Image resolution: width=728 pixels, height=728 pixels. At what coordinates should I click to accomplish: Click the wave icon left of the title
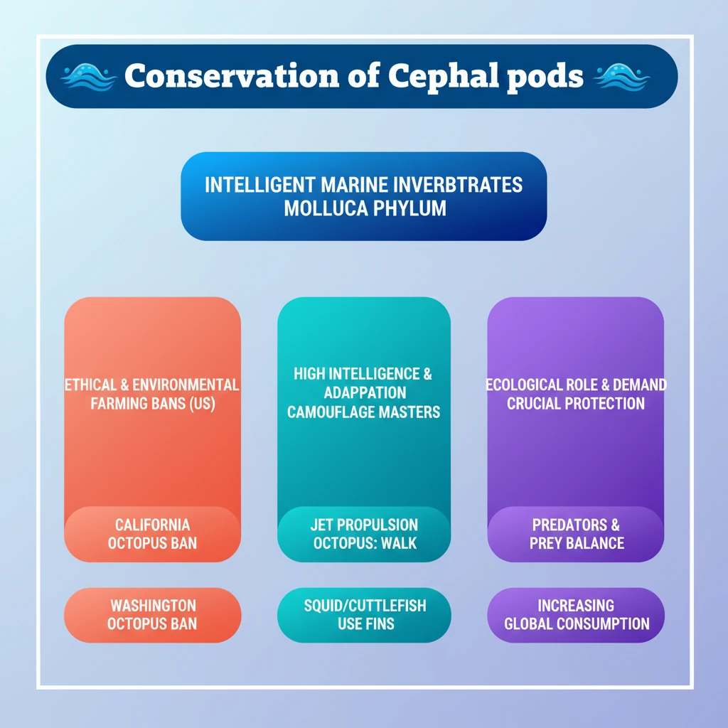[89, 76]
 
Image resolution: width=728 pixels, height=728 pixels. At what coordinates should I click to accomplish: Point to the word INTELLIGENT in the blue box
[259, 185]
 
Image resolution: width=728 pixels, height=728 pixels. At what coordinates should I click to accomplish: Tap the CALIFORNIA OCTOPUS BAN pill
[152, 534]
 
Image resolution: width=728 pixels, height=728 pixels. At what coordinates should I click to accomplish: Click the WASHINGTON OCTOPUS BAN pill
[152, 615]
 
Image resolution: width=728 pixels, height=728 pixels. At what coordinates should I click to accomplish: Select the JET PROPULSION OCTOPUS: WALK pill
[364, 534]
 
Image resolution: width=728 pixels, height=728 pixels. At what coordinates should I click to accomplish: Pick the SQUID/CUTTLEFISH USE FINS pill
[364, 615]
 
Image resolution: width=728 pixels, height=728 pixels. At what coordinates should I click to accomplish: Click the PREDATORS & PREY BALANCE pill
[576, 534]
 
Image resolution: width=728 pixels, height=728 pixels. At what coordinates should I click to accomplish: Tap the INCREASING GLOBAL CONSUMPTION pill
[576, 615]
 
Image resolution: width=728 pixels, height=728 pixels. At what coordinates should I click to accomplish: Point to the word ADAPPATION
[364, 393]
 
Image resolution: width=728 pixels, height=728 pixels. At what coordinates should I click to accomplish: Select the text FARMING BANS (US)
[152, 403]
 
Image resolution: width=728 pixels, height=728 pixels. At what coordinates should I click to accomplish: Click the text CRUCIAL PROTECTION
[576, 403]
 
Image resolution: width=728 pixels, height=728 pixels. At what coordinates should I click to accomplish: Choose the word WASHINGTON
[152, 606]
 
